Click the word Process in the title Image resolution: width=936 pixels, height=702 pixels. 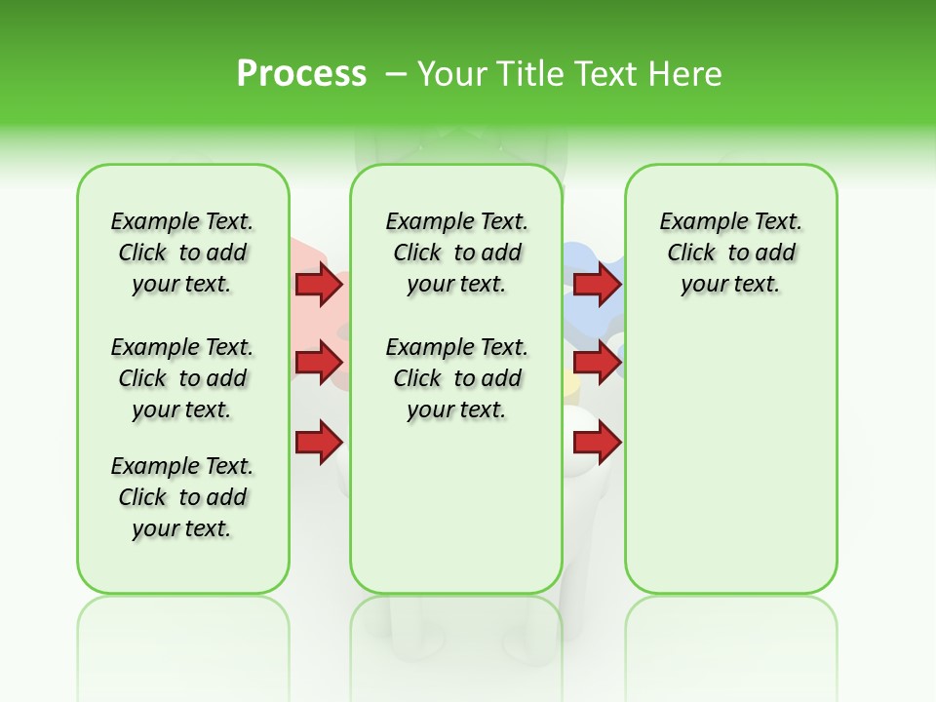pos(301,74)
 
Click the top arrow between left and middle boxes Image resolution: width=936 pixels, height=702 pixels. pos(318,284)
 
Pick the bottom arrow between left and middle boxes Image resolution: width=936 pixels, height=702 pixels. pos(318,443)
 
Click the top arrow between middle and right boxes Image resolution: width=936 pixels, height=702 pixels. pos(597,284)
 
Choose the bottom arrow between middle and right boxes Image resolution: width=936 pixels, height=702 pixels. pos(597,443)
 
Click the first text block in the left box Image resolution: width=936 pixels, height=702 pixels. pos(182,253)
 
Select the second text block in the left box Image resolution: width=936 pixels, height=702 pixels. pos(182,378)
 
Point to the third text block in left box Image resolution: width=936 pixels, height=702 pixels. pos(182,497)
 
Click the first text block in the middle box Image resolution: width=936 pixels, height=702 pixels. pos(456,253)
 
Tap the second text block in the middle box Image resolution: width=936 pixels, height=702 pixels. pos(456,378)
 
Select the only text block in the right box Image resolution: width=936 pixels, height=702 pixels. pos(730,253)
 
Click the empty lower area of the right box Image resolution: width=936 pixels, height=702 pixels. pos(730,468)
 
